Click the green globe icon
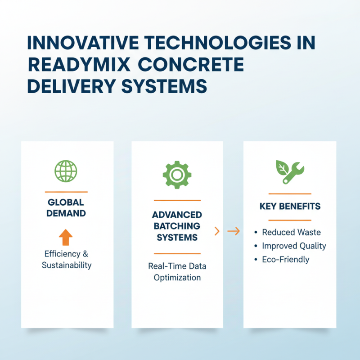coord(66,171)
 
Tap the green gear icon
coord(177,174)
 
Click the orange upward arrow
coord(66,237)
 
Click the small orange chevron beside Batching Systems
coord(217,231)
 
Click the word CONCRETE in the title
coord(196,64)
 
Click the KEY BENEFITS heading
coord(290,207)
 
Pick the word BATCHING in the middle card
coord(177,225)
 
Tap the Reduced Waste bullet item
coord(291,232)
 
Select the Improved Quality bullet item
coord(294,246)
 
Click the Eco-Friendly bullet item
coord(285,260)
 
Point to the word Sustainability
coord(67,265)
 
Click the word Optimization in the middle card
coord(177,277)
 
